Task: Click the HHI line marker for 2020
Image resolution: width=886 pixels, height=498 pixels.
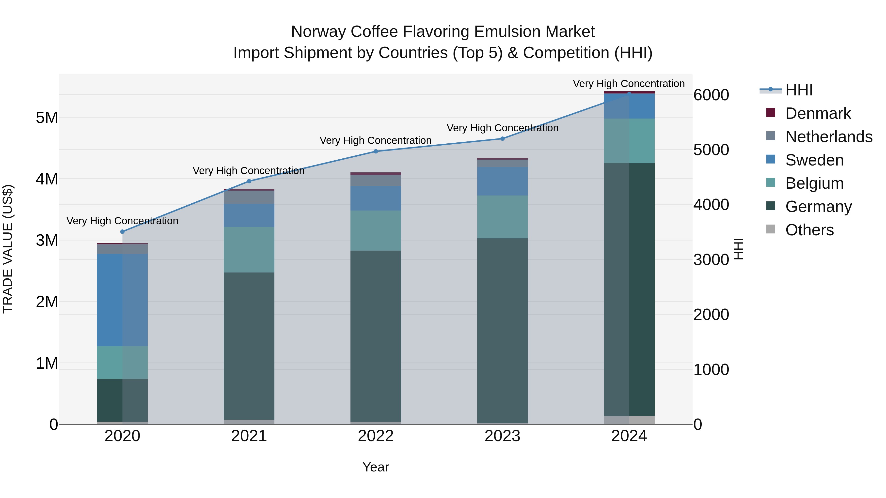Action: click(123, 232)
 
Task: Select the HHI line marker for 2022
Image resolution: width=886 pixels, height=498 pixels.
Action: click(376, 151)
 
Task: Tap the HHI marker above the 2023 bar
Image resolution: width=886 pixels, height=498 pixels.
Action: click(502, 139)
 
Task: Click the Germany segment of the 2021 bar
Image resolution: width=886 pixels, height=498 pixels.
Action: click(249, 346)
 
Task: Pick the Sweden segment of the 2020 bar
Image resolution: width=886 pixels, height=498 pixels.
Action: click(123, 300)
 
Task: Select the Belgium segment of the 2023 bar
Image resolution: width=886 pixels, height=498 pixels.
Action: click(502, 217)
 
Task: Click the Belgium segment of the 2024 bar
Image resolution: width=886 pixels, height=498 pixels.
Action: click(629, 141)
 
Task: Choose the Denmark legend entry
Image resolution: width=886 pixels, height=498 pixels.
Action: click(818, 113)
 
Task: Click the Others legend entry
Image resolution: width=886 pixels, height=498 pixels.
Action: click(809, 230)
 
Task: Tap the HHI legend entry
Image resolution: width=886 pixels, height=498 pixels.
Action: click(799, 90)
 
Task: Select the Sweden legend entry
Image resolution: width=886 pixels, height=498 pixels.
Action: click(814, 160)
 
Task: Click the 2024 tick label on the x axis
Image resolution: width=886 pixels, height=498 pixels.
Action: click(629, 436)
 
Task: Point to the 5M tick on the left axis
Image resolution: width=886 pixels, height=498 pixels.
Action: click(47, 118)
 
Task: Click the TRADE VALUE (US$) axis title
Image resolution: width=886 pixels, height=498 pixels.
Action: click(8, 249)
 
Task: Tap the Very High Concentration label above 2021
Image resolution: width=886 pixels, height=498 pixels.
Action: click(248, 171)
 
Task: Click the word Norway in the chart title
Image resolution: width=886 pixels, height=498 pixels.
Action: click(318, 32)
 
